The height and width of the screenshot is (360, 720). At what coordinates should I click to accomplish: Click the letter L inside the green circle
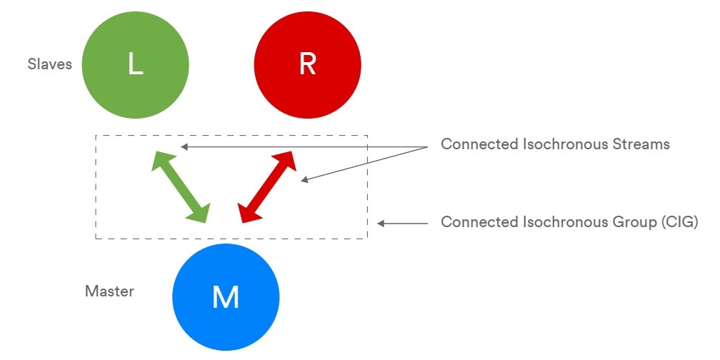(135, 64)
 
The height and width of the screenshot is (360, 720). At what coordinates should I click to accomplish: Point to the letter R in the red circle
(307, 64)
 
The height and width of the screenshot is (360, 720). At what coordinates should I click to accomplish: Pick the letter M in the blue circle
(226, 297)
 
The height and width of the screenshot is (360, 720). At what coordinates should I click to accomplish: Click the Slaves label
(50, 64)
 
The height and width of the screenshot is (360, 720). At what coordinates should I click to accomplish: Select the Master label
(109, 291)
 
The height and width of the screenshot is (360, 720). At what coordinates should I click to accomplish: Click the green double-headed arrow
(181, 186)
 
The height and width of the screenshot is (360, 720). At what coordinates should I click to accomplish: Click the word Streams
(643, 144)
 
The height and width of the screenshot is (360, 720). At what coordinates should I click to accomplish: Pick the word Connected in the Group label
(474, 222)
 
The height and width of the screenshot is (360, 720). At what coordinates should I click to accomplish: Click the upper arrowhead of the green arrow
(160, 160)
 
